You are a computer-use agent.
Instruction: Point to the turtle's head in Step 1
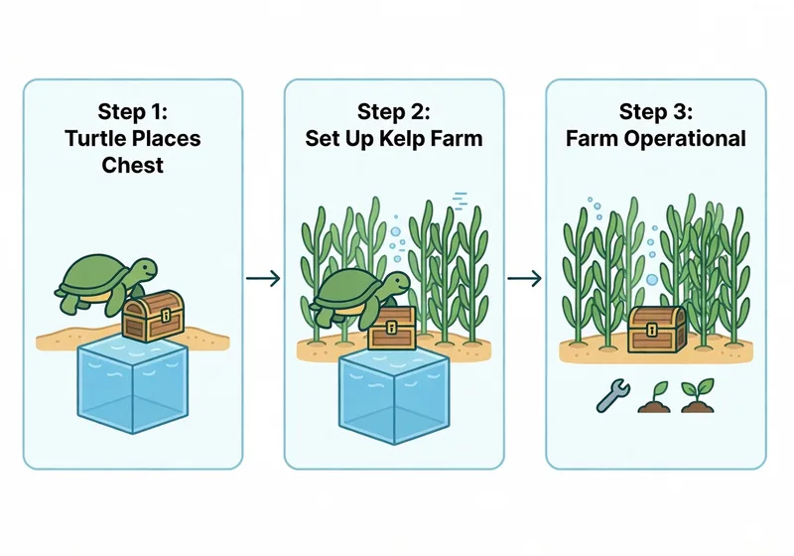click(x=145, y=270)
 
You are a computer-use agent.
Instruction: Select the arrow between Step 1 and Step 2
click(x=262, y=278)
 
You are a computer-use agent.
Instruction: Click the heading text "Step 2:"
click(x=394, y=110)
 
